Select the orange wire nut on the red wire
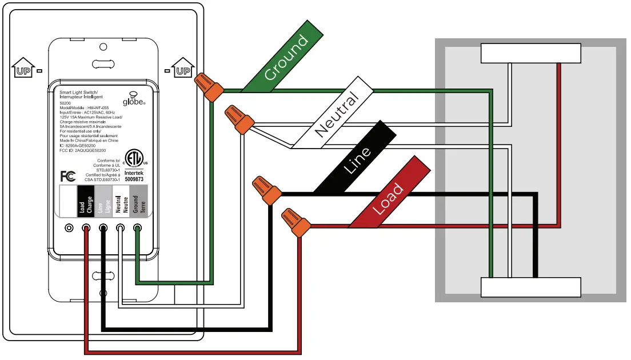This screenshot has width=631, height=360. point(296,222)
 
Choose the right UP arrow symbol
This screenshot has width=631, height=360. point(182,68)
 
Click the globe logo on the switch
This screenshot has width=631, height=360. point(134,98)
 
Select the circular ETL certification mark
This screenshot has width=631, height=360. point(134,157)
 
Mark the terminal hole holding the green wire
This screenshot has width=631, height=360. point(138,228)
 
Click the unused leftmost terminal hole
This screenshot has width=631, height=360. point(69,228)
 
